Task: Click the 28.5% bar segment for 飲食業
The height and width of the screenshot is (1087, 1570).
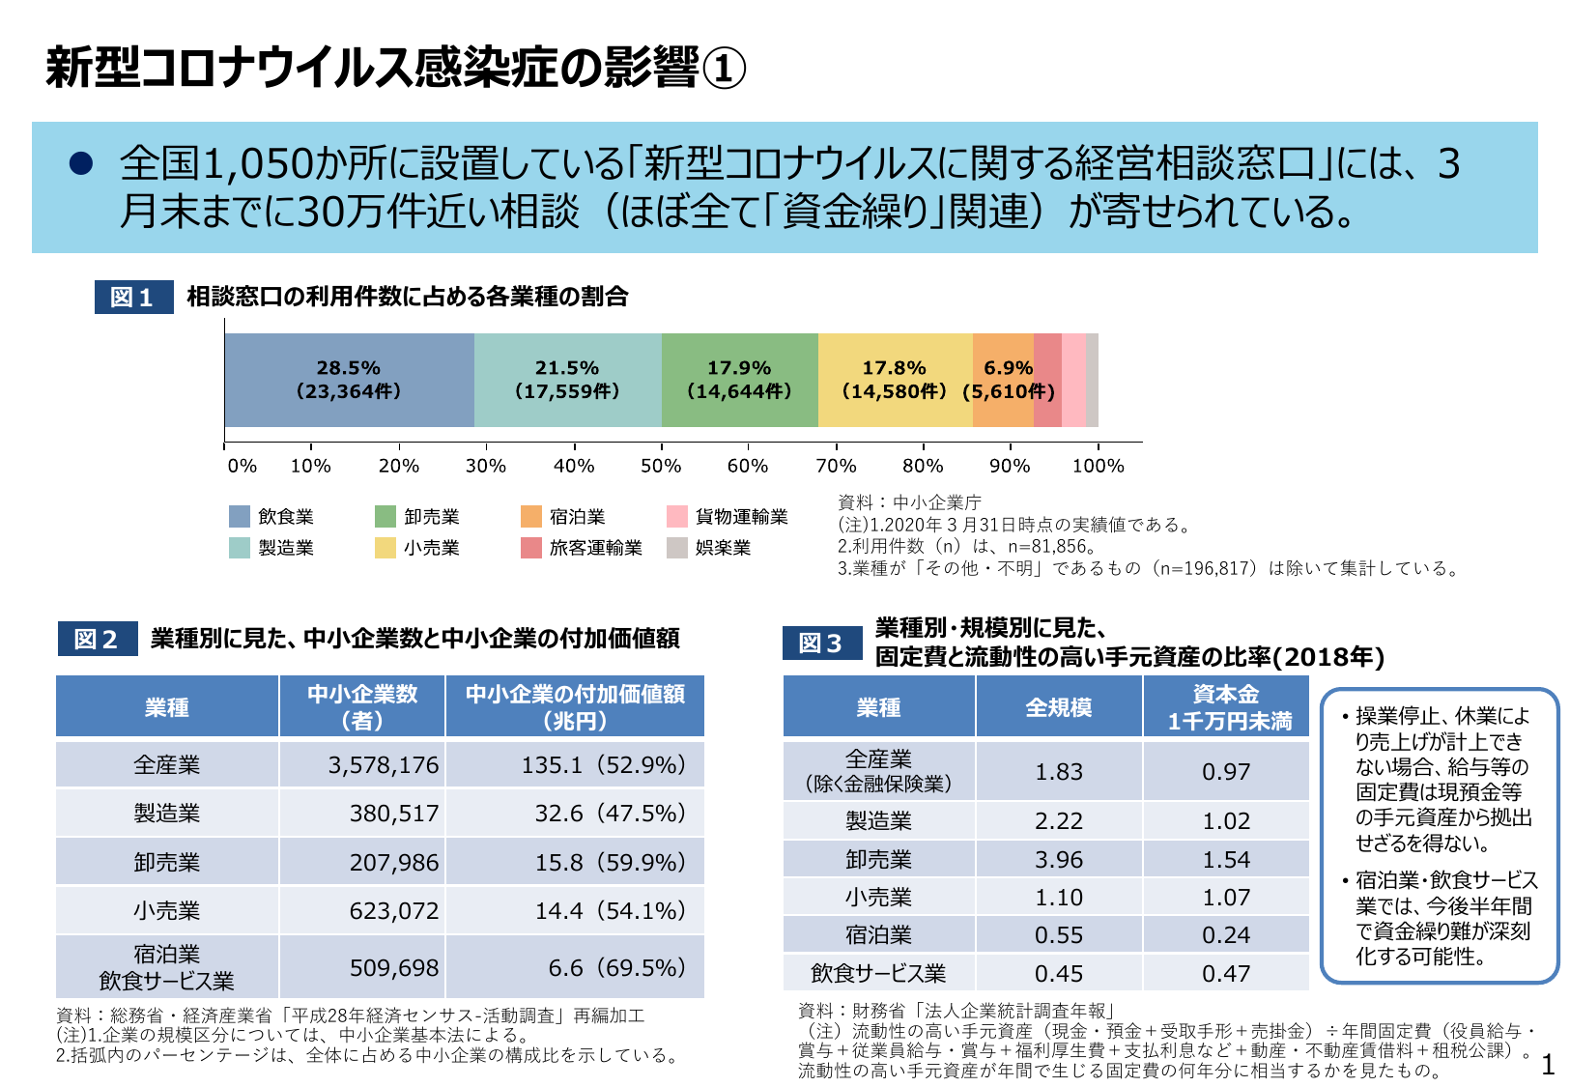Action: coord(349,380)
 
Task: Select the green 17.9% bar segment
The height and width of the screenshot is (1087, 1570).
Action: coord(739,380)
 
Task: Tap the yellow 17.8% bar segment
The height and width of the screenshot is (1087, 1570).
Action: coord(895,380)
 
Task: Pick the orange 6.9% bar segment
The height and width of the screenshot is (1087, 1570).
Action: coord(1003,380)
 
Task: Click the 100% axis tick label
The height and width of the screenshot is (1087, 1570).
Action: coord(1098,466)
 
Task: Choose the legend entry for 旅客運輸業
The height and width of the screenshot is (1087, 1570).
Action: coord(583,548)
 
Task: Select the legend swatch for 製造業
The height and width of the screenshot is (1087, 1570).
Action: coord(240,548)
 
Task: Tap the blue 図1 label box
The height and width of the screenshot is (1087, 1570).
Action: coord(133,297)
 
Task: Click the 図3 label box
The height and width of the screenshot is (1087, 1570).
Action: coord(821,643)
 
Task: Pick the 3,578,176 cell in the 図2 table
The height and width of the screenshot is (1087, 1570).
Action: coord(383,765)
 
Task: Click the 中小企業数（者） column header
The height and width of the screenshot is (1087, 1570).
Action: coord(362,706)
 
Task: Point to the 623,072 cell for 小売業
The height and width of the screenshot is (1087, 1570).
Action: coord(393,910)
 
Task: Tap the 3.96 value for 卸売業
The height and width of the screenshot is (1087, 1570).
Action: coord(1059,859)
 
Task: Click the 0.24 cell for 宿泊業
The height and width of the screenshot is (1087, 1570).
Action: coord(1225,935)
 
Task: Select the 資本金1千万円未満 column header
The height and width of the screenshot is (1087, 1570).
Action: coord(1226,706)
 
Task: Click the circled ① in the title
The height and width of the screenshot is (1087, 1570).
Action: coord(723,69)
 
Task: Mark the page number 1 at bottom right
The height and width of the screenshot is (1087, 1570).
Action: coord(1548,1065)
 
